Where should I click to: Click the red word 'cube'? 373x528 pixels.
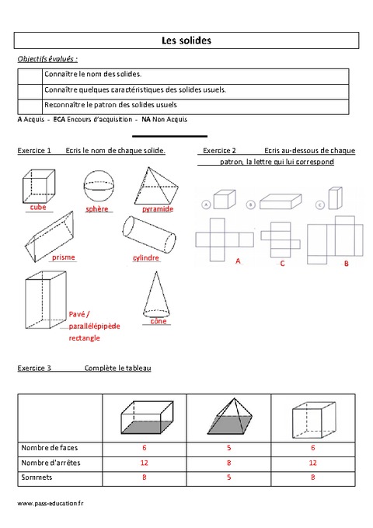tap(38, 208)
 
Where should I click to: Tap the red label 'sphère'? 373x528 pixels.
tap(97, 209)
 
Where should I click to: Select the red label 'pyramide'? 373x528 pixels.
tap(157, 209)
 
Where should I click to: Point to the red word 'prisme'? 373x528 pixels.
tap(64, 257)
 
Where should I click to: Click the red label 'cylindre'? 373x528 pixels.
tap(145, 257)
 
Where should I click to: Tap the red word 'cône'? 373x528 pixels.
tap(159, 320)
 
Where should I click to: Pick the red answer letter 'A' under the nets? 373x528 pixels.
tap(238, 262)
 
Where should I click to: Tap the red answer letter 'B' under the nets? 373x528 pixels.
tap(346, 264)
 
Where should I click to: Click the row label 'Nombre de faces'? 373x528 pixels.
tap(50, 448)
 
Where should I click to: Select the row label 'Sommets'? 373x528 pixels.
tap(35, 477)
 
